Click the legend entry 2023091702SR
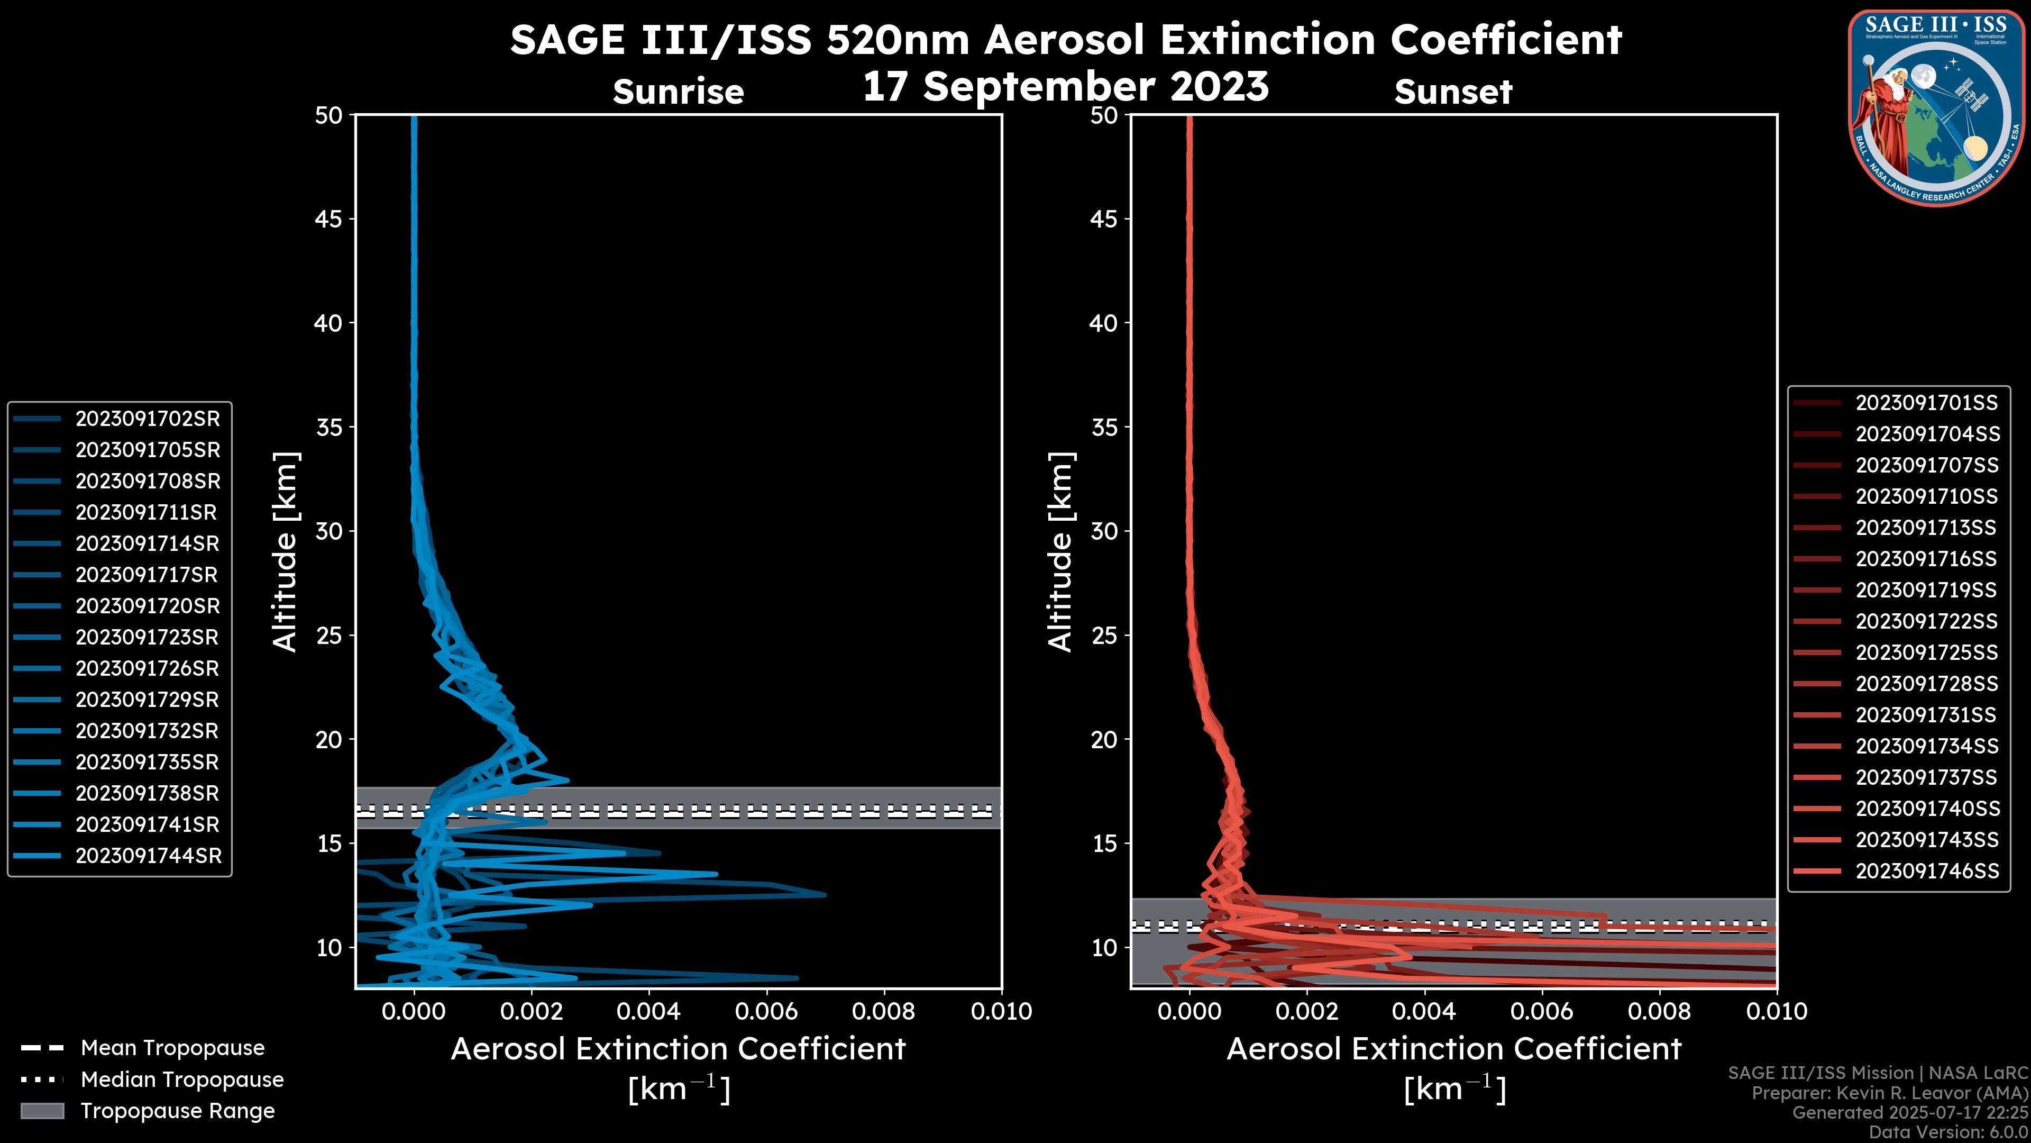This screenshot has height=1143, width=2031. tap(148, 419)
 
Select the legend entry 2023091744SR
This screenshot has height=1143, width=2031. tap(148, 856)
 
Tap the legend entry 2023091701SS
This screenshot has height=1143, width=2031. tap(1926, 403)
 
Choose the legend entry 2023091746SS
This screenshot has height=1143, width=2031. tap(1927, 871)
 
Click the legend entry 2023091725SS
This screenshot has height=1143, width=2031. tap(1926, 652)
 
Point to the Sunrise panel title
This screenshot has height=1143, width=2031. tap(678, 92)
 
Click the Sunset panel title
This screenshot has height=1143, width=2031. tap(1452, 92)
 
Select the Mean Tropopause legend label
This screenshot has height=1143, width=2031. tap(172, 1048)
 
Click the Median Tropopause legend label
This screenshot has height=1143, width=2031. tap(182, 1080)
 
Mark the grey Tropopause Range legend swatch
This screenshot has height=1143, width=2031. tap(42, 1111)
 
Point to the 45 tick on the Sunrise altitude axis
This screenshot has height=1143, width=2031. tap(329, 219)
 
